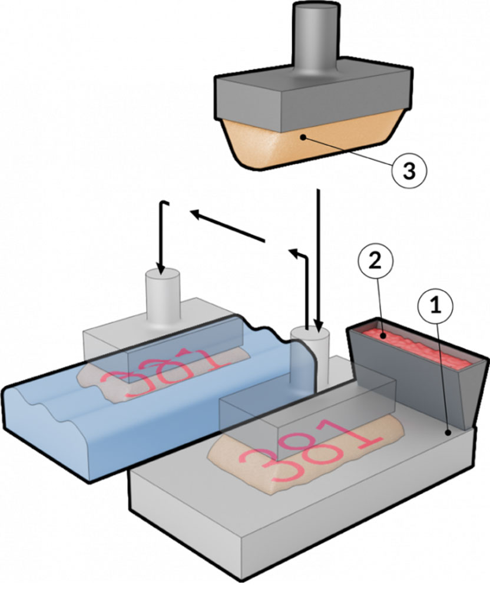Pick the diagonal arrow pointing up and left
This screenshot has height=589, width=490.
coord(227,227)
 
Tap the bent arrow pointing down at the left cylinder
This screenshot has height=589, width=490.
coord(161,236)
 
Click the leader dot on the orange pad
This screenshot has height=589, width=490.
coord(302,137)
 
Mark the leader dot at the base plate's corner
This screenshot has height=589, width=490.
coord(449,433)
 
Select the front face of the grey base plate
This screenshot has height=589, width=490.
coord(294,530)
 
